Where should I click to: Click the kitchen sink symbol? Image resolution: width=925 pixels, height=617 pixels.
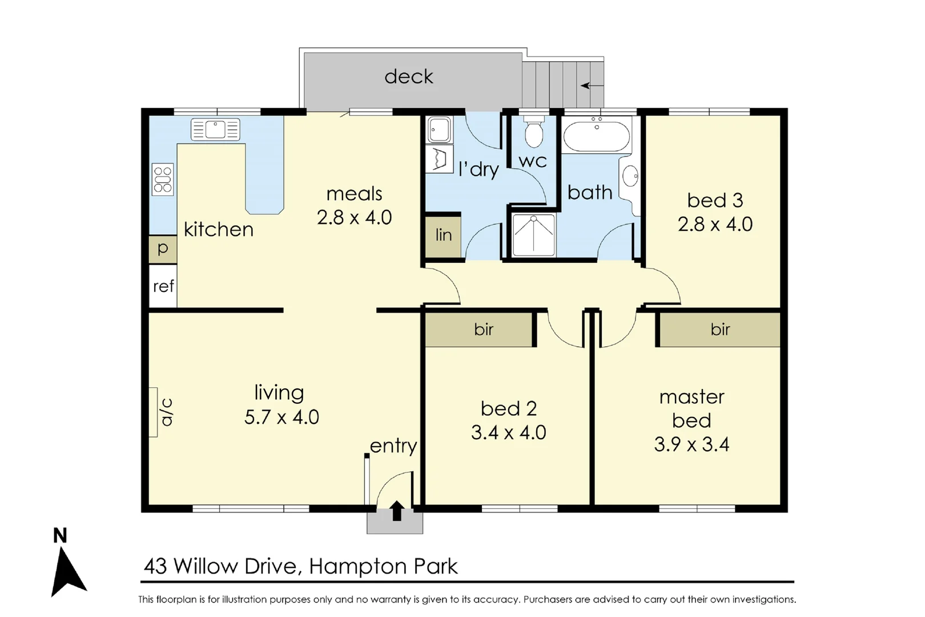click(x=215, y=130)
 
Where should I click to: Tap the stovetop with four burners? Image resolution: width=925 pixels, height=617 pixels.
click(x=162, y=179)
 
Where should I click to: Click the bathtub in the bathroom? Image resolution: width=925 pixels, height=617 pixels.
click(x=597, y=136)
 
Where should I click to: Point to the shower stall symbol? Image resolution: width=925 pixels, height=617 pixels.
click(x=533, y=234)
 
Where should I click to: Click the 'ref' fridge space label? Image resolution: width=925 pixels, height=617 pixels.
click(x=163, y=286)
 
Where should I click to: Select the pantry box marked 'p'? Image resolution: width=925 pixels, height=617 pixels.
click(x=163, y=249)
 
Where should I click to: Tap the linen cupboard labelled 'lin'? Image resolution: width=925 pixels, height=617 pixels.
click(x=443, y=235)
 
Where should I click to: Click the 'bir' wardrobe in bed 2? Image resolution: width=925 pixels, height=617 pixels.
click(x=483, y=330)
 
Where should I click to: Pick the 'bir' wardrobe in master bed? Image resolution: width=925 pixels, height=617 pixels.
click(x=720, y=330)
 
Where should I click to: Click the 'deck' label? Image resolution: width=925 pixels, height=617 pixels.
click(x=409, y=77)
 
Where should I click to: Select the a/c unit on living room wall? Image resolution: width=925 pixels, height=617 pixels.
click(x=154, y=412)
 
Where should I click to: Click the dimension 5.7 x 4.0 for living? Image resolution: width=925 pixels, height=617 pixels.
click(x=281, y=417)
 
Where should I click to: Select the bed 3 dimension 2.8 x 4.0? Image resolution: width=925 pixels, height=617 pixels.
click(x=715, y=225)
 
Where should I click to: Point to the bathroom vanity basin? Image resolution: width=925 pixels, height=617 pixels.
click(x=630, y=176)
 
